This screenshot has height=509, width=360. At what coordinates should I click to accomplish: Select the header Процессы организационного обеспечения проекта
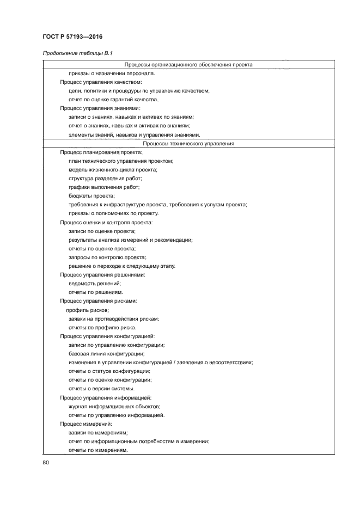click(188, 64)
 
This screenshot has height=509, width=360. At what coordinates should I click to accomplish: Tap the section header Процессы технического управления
click(188, 144)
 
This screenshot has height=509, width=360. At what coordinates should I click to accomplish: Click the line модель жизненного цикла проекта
click(113, 170)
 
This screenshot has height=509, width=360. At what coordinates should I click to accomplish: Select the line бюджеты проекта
click(91, 196)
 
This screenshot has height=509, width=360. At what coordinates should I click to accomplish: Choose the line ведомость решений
click(95, 284)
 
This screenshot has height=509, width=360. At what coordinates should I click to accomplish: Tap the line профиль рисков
click(88, 310)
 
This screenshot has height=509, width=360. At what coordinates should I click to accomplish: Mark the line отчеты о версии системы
click(101, 388)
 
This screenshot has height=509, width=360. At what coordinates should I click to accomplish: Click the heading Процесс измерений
click(86, 424)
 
